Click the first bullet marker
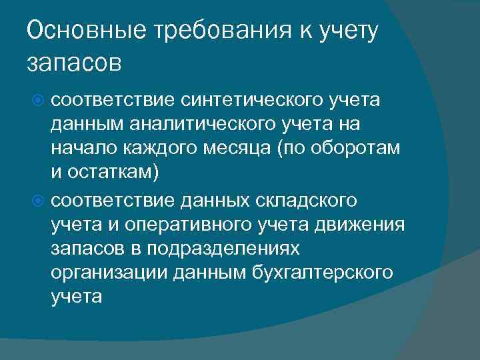pyautogui.click(x=39, y=101)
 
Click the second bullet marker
pyautogui.click(x=39, y=200)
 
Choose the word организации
pyautogui.click(x=107, y=273)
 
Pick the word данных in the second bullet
pyautogui.click(x=207, y=199)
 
